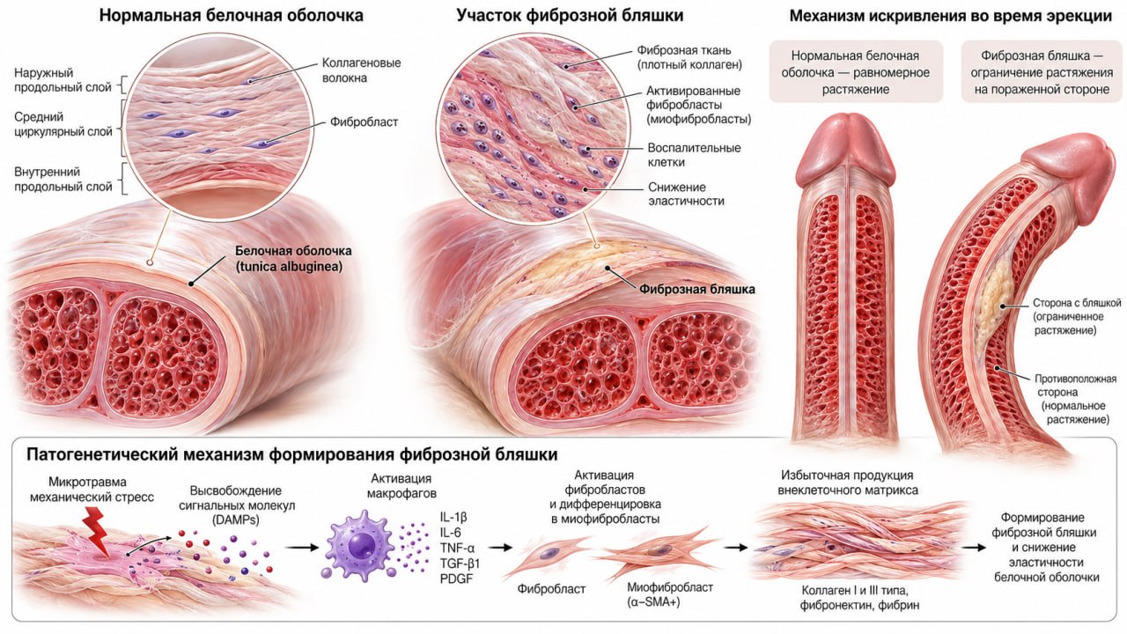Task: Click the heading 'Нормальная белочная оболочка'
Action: [x=231, y=16]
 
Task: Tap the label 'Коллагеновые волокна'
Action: [x=361, y=70]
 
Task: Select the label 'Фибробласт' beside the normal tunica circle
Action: [x=364, y=122]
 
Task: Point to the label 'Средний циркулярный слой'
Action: [x=63, y=124]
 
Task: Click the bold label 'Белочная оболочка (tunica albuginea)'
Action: [x=293, y=258]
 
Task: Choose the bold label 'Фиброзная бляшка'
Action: [x=696, y=290]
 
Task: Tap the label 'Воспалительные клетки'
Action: [x=694, y=155]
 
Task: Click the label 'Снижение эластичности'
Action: [x=686, y=194]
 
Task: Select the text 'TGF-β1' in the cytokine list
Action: [x=460, y=563]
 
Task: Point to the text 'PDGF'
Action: [x=456, y=579]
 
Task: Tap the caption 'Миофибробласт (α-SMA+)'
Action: [x=670, y=594]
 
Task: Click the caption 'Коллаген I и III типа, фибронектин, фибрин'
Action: [x=859, y=597]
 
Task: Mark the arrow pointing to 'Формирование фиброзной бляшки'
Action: [x=974, y=547]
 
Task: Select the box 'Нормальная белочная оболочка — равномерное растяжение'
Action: [x=855, y=72]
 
